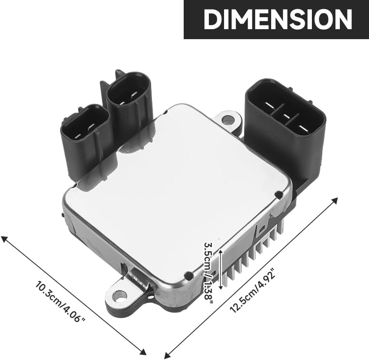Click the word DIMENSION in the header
tap(278, 19)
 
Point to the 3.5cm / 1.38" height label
tap(208, 273)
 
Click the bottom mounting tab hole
tap(120, 294)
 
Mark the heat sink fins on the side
tap(252, 254)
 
